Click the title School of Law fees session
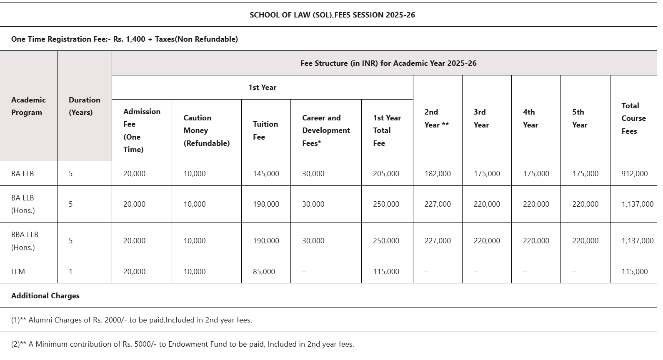(332, 15)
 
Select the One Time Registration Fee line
(124, 39)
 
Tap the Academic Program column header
(28, 106)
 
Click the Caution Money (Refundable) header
(206, 130)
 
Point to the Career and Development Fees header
(326, 130)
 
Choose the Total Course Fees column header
(633, 118)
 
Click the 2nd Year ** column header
(436, 118)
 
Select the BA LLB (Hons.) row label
(23, 204)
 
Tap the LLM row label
(18, 271)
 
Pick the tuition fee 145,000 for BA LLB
(266, 174)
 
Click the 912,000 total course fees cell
(634, 174)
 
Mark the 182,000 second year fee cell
(438, 174)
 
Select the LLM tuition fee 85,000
(264, 271)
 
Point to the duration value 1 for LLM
(70, 271)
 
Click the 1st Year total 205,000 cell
(386, 174)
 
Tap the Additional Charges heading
(45, 296)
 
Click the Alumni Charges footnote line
(131, 320)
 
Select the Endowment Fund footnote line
(183, 344)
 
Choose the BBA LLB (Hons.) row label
(25, 241)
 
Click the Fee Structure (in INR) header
(388, 63)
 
